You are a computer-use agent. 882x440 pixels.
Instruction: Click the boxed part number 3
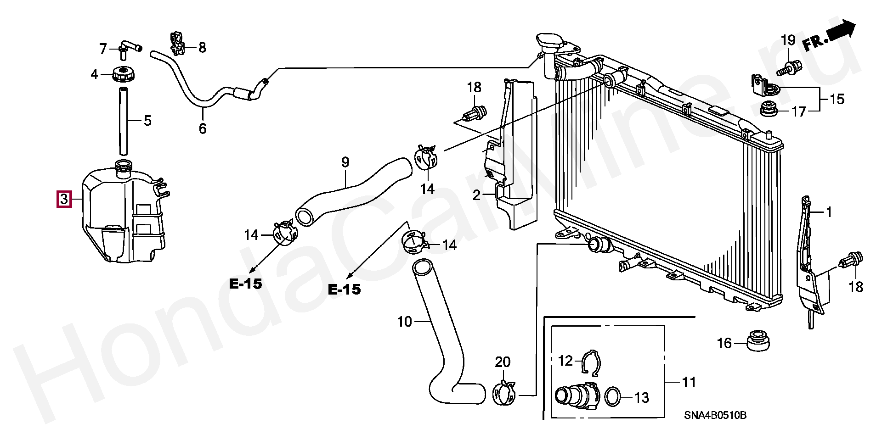(x=64, y=199)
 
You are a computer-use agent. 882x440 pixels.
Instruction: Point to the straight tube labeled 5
(x=123, y=121)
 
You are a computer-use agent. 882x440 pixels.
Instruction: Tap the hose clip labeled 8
(x=177, y=43)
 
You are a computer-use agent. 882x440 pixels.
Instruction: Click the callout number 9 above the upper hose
(x=345, y=162)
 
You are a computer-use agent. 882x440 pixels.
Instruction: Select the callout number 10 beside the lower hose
(x=404, y=322)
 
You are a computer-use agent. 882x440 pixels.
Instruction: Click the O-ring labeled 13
(x=612, y=397)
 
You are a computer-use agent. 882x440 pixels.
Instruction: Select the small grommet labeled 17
(x=769, y=109)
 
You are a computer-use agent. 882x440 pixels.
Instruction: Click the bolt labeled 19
(x=790, y=68)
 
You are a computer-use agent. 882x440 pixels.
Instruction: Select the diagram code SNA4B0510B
(x=715, y=416)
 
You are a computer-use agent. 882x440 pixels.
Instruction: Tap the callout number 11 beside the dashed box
(x=689, y=382)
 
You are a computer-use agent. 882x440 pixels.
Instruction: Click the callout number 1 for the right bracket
(x=829, y=212)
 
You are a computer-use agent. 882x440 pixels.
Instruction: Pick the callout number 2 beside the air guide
(x=477, y=195)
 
